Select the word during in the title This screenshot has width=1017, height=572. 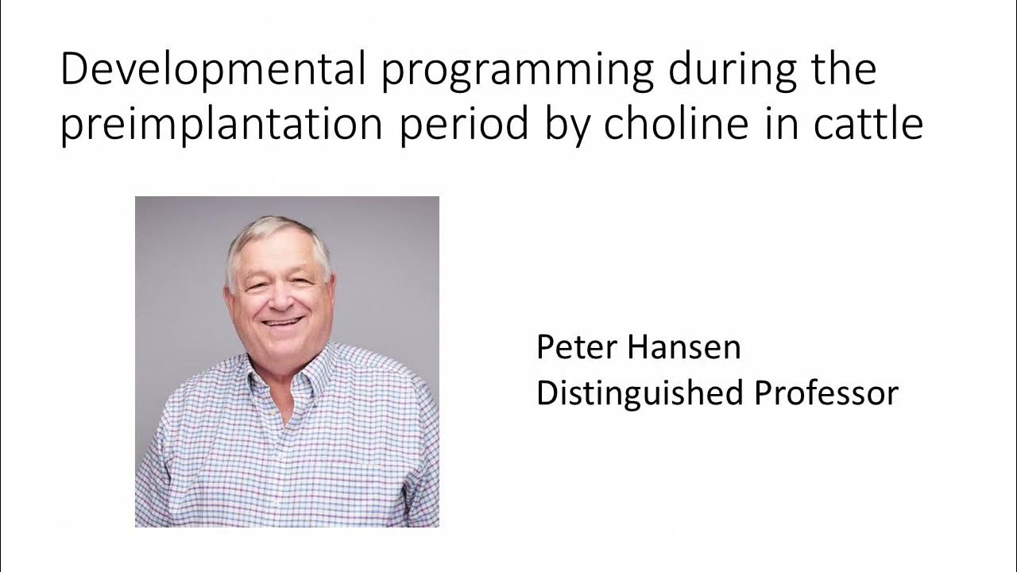730,70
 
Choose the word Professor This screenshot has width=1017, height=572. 826,394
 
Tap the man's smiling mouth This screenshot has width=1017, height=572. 282,323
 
